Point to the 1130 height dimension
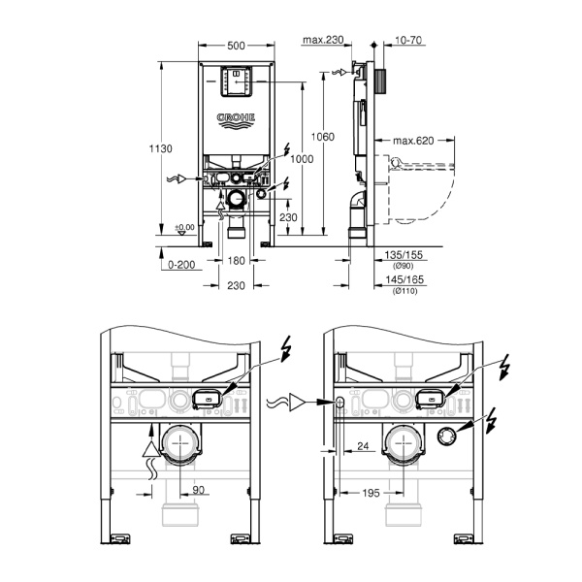click(161, 148)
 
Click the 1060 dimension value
click(323, 137)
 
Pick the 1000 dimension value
click(303, 159)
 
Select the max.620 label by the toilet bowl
click(412, 141)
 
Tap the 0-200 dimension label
click(181, 264)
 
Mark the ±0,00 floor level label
click(183, 227)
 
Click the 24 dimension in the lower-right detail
click(363, 446)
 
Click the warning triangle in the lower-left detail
click(149, 447)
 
